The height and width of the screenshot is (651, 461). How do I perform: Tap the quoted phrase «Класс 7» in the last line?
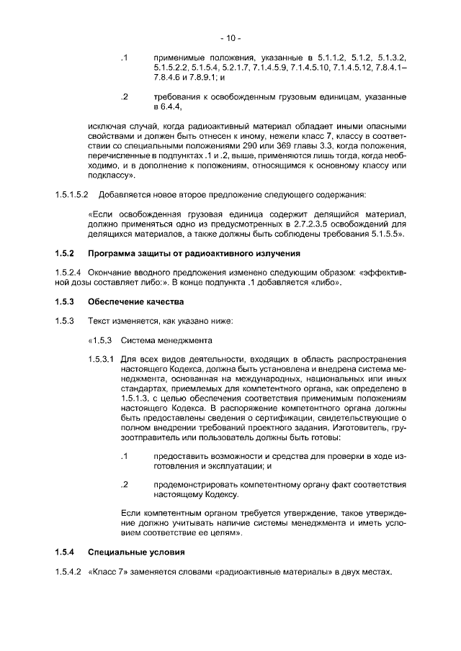pyautogui.click(x=107, y=572)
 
